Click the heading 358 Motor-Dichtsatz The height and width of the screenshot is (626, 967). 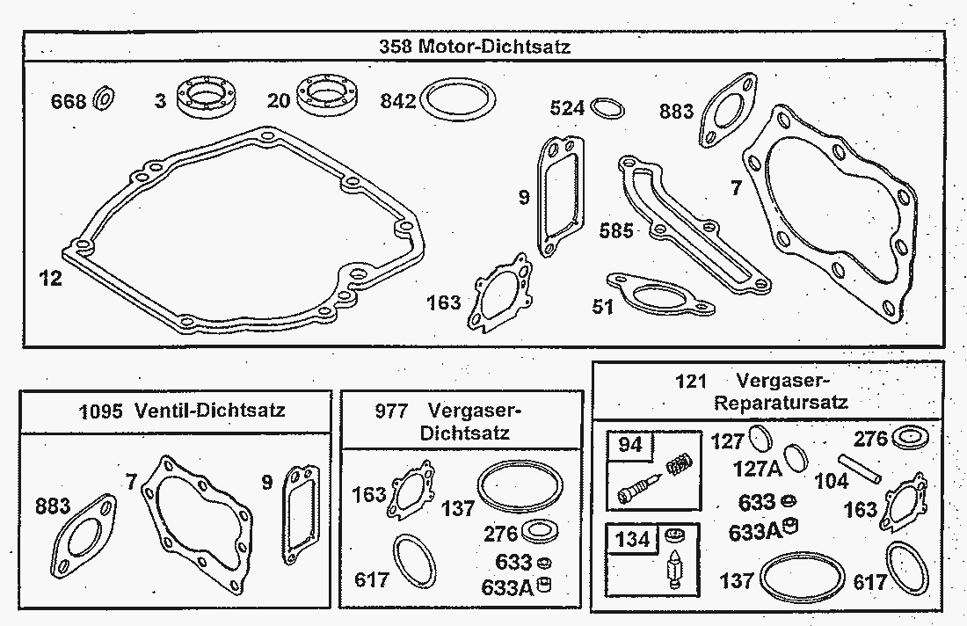(475, 47)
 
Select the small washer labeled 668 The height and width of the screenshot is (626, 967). (101, 99)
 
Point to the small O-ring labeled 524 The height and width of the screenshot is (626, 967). (607, 108)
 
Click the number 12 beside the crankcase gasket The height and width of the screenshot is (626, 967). (51, 279)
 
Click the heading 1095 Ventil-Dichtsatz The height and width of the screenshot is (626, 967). (181, 411)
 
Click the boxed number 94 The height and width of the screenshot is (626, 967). (630, 446)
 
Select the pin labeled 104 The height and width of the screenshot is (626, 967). (857, 465)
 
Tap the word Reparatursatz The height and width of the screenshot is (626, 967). (781, 403)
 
